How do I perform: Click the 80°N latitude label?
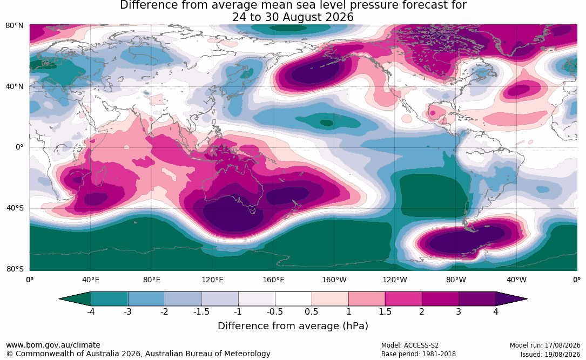(14, 26)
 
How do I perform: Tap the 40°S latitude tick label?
(15, 208)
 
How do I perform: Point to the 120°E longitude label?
(212, 280)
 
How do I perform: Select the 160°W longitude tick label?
(334, 280)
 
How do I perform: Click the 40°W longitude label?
(516, 280)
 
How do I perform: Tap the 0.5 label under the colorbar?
(311, 311)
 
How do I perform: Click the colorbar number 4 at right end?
(496, 311)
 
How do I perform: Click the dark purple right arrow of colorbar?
(510, 299)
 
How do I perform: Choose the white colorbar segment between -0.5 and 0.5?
(293, 299)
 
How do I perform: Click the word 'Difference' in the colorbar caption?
(238, 325)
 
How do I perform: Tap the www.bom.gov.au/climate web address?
(53, 345)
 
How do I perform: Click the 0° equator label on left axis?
(19, 147)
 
